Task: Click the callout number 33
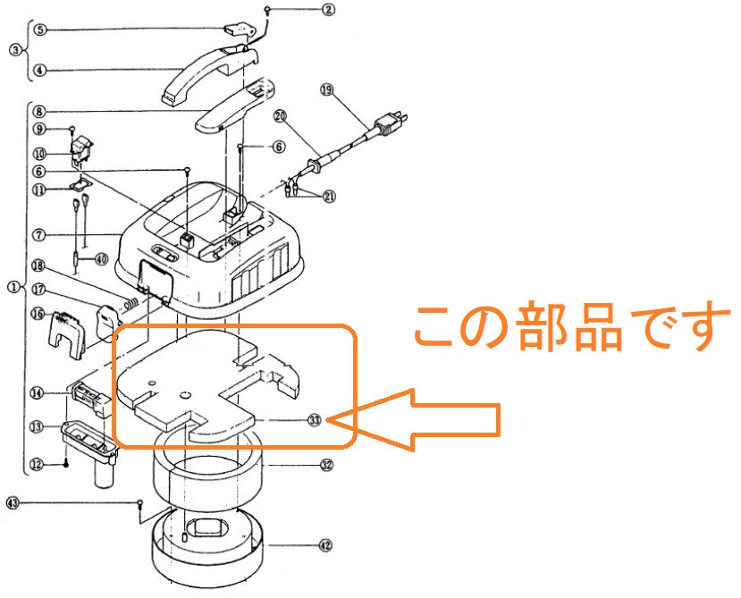tap(314, 419)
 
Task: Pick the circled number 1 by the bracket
tap(13, 287)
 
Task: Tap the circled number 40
tap(101, 259)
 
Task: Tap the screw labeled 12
tap(67, 463)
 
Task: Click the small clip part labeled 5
tap(234, 31)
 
